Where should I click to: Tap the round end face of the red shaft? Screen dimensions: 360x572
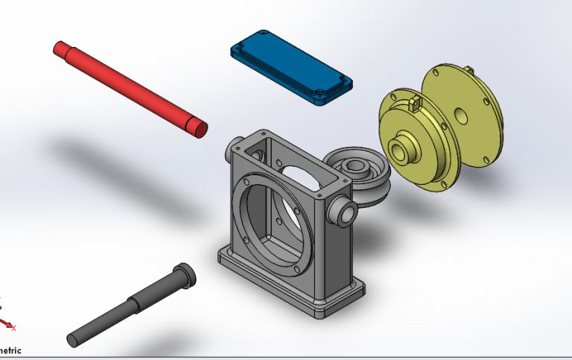pyautogui.click(x=199, y=129)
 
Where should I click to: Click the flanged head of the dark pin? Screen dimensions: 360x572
pyautogui.click(x=184, y=274)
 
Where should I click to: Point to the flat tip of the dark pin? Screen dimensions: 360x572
pyautogui.click(x=73, y=340)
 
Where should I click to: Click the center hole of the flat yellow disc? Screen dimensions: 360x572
pyautogui.click(x=461, y=116)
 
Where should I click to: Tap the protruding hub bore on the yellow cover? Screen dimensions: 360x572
pyautogui.click(x=398, y=151)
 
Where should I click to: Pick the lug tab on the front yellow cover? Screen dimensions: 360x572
pyautogui.click(x=416, y=104)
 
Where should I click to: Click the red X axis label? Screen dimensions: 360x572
pyautogui.click(x=14, y=327)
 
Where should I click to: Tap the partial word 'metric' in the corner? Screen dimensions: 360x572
pyautogui.click(x=10, y=350)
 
